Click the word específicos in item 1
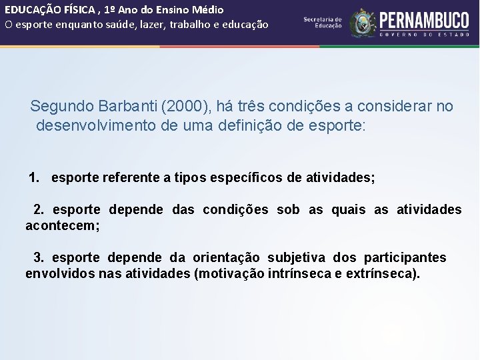249,178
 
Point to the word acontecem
61,226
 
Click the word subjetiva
297,257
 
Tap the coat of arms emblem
363,23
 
